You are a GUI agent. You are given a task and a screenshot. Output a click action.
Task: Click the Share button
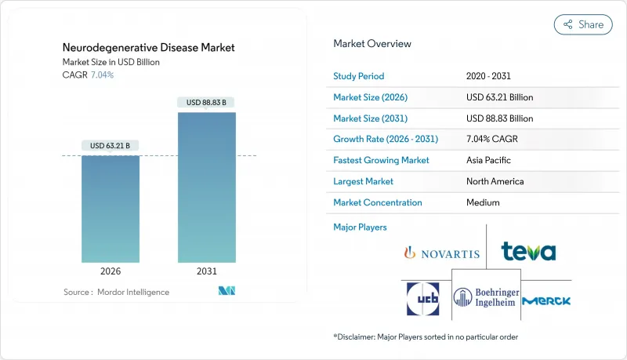pos(583,24)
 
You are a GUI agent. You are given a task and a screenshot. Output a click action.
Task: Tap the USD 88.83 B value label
pos(207,102)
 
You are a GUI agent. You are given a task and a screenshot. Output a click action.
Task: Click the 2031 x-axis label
pos(207,271)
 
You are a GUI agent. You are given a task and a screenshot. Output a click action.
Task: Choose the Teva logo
pos(528,252)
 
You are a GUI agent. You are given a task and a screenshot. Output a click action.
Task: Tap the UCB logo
pos(424,300)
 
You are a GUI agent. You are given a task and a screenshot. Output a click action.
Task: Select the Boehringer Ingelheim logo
pos(485,298)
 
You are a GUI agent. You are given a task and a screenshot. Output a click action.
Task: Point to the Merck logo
pos(546,300)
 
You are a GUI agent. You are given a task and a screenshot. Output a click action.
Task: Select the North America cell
pos(495,181)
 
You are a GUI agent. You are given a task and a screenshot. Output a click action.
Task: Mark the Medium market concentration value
pos(483,202)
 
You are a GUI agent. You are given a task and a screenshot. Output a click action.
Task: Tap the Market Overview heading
pos(372,43)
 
